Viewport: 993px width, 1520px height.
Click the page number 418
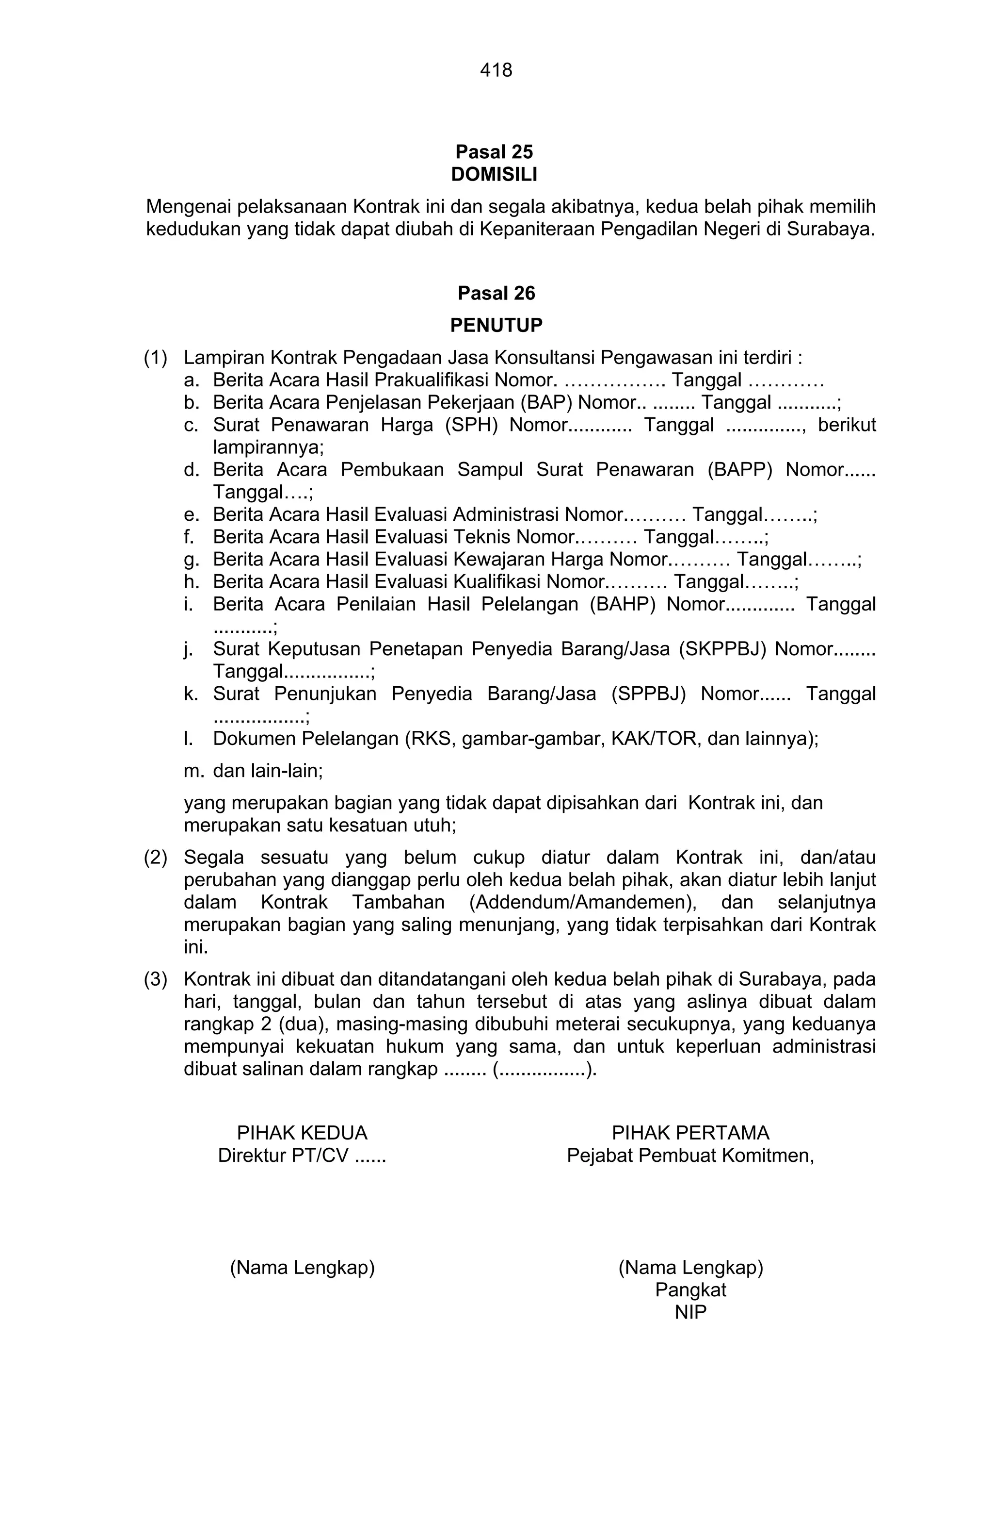click(496, 69)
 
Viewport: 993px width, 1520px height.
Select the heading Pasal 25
click(495, 151)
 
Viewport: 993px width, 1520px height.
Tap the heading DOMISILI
click(495, 174)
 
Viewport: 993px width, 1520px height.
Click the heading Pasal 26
click(496, 293)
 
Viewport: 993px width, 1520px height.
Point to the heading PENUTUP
click(496, 325)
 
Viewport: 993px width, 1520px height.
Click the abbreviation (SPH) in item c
click(471, 425)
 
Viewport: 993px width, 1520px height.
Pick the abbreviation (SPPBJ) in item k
click(648, 693)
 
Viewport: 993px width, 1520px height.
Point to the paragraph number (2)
click(155, 857)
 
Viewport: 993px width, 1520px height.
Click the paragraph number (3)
click(155, 978)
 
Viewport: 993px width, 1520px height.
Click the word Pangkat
click(690, 1289)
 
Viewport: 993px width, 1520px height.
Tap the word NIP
click(690, 1312)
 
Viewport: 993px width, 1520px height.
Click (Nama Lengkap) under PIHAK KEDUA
click(302, 1267)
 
